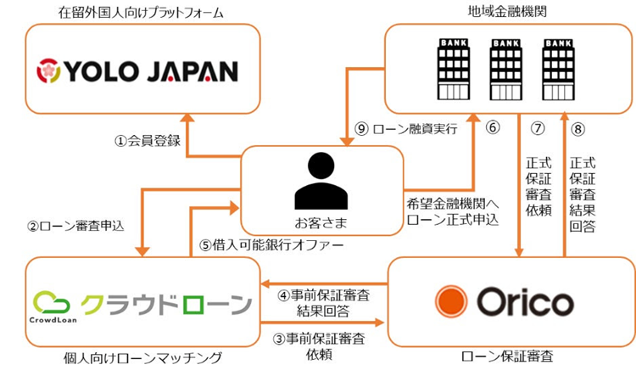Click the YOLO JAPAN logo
137,70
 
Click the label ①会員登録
147,141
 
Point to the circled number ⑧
581,129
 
